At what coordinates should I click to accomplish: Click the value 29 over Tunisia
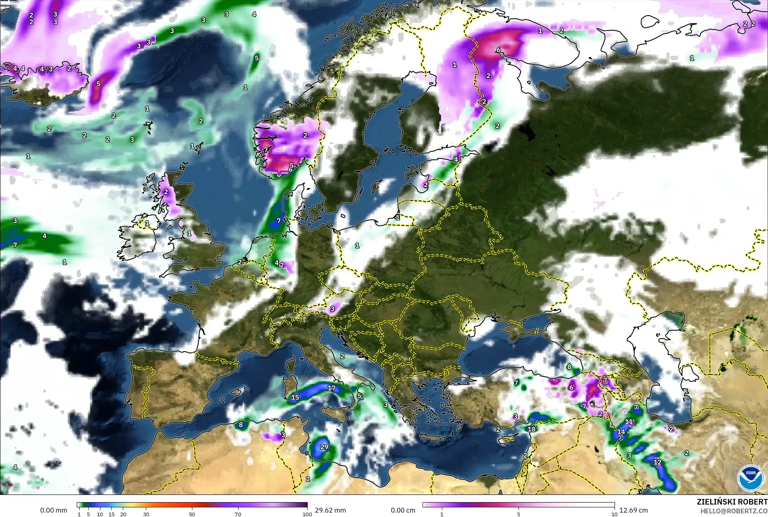(324, 447)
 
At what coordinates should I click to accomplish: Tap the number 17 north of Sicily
(331, 388)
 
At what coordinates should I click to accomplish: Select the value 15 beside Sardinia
(295, 397)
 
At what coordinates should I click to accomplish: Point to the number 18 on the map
(531, 429)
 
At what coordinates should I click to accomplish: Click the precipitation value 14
(621, 432)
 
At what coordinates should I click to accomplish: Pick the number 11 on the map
(629, 422)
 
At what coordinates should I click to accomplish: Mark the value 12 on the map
(657, 462)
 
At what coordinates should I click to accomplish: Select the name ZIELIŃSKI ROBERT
(732, 502)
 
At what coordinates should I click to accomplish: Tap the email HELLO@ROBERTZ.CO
(734, 511)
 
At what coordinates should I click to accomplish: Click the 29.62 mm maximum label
(330, 510)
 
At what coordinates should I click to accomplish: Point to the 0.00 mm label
(53, 510)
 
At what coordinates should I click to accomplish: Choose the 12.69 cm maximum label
(633, 510)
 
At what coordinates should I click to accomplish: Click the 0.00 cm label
(403, 510)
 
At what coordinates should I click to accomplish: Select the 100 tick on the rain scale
(307, 514)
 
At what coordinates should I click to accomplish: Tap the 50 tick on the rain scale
(192, 514)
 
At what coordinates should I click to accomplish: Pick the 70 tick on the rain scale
(238, 514)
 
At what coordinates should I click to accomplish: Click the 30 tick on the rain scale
(146, 514)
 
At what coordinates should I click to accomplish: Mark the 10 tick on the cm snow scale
(614, 514)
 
